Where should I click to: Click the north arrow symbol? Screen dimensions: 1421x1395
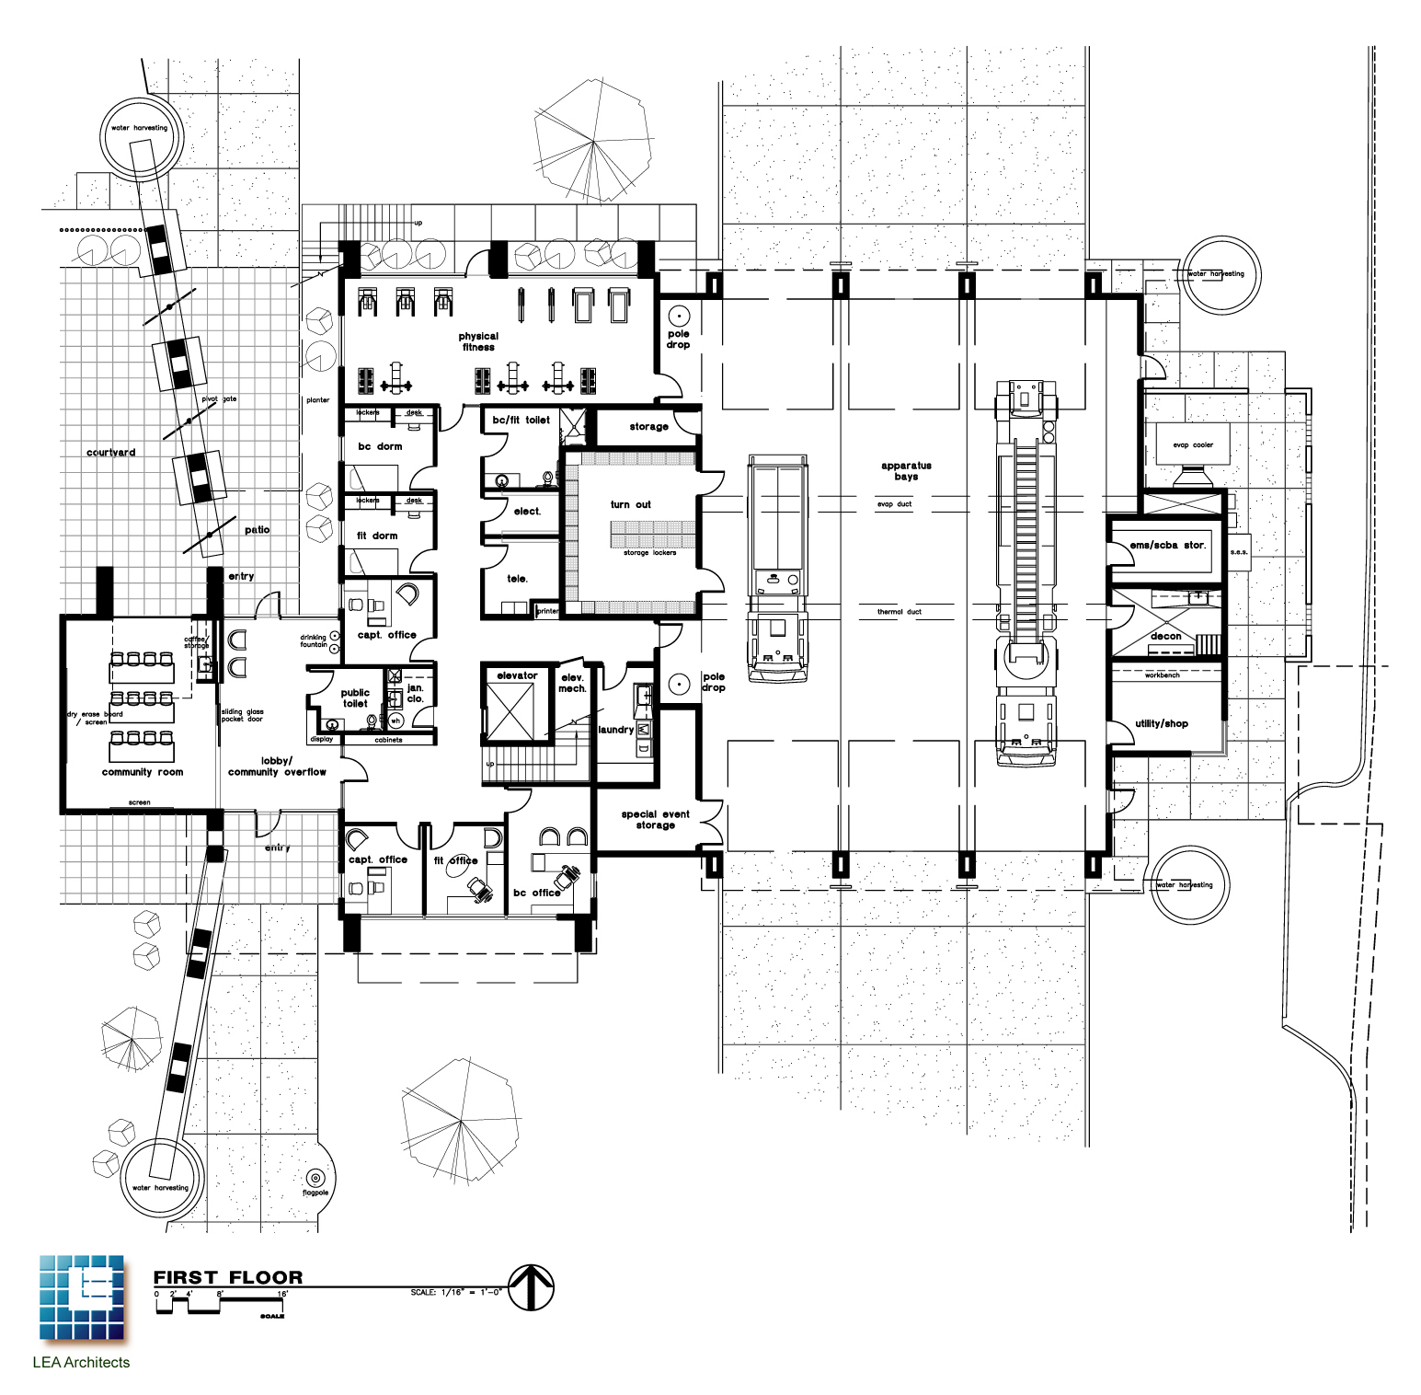coord(532,1287)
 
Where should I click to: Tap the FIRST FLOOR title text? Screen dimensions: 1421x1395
coord(228,1277)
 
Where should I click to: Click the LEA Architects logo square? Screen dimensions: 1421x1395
coord(82,1297)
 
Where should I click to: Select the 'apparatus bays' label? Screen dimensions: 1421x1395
coord(906,471)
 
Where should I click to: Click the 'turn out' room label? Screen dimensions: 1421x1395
coord(630,504)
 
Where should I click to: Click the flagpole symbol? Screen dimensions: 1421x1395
coord(315,1178)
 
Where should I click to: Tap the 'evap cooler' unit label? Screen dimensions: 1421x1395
coord(1193,444)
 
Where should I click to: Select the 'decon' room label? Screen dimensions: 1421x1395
coord(1165,636)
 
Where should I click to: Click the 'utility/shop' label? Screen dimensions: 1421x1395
coord(1161,723)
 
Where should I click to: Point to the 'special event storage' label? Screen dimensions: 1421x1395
coord(655,819)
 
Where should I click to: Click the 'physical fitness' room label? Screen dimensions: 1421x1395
coord(478,341)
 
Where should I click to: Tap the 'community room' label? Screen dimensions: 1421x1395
coord(143,772)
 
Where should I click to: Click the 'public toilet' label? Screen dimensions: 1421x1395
coord(355,697)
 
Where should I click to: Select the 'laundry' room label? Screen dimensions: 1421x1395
coord(615,730)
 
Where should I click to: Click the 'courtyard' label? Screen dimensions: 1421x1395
coord(111,453)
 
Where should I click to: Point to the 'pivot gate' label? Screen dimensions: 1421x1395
coord(219,398)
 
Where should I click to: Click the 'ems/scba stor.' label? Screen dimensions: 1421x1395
coord(1167,545)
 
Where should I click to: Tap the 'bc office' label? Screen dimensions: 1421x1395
coord(536,893)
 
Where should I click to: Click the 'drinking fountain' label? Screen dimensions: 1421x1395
coord(314,640)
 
